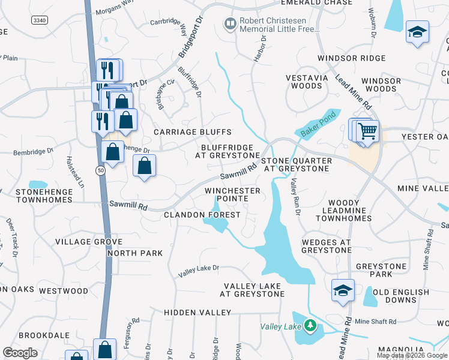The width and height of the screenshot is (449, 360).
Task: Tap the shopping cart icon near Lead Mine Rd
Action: pyautogui.click(x=368, y=131)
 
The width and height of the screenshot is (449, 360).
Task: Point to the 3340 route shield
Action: pyautogui.click(x=40, y=20)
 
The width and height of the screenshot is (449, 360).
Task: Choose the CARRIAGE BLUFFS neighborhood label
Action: pyautogui.click(x=192, y=132)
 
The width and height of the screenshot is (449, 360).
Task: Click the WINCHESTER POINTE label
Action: pyautogui.click(x=233, y=194)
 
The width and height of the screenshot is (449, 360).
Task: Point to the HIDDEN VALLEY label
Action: pyautogui.click(x=197, y=313)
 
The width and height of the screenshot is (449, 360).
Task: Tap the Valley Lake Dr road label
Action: pyautogui.click(x=199, y=271)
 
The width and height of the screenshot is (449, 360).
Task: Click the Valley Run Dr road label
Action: pyautogui.click(x=294, y=196)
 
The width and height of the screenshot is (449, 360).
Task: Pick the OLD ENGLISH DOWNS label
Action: pyautogui.click(x=409, y=296)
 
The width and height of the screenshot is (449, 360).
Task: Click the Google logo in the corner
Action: pyautogui.click(x=20, y=352)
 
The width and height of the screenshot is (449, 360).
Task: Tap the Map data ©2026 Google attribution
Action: pyautogui.click(x=411, y=355)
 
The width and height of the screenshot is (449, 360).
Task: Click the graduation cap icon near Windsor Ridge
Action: pyautogui.click(x=417, y=32)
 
